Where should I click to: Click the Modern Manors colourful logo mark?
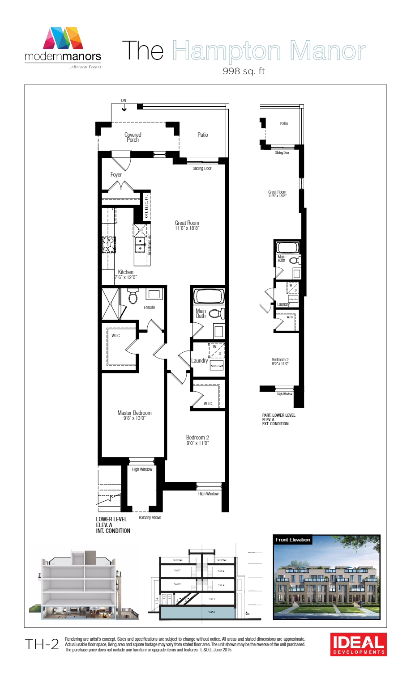pos(63,38)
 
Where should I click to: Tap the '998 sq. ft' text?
pos(244,71)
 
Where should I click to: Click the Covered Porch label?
pos(133,137)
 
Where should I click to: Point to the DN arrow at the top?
pos(124,107)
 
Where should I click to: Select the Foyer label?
pos(116,175)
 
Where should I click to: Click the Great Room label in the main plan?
pos(187,225)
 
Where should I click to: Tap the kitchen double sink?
pos(140,244)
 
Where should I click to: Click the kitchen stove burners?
pos(109,245)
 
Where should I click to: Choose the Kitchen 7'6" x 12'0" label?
pos(125,275)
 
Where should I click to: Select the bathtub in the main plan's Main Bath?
pos(208,296)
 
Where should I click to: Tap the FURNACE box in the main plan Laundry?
pos(216,365)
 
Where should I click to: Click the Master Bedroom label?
pos(134,415)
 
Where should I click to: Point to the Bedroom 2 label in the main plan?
pos(197,440)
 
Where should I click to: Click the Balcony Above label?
pos(150,518)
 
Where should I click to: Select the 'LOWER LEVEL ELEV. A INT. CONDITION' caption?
pos(113,525)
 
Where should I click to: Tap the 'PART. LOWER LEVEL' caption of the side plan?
pos(278,419)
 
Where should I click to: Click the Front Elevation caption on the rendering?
pos(293,540)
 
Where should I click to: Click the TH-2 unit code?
pos(42,644)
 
